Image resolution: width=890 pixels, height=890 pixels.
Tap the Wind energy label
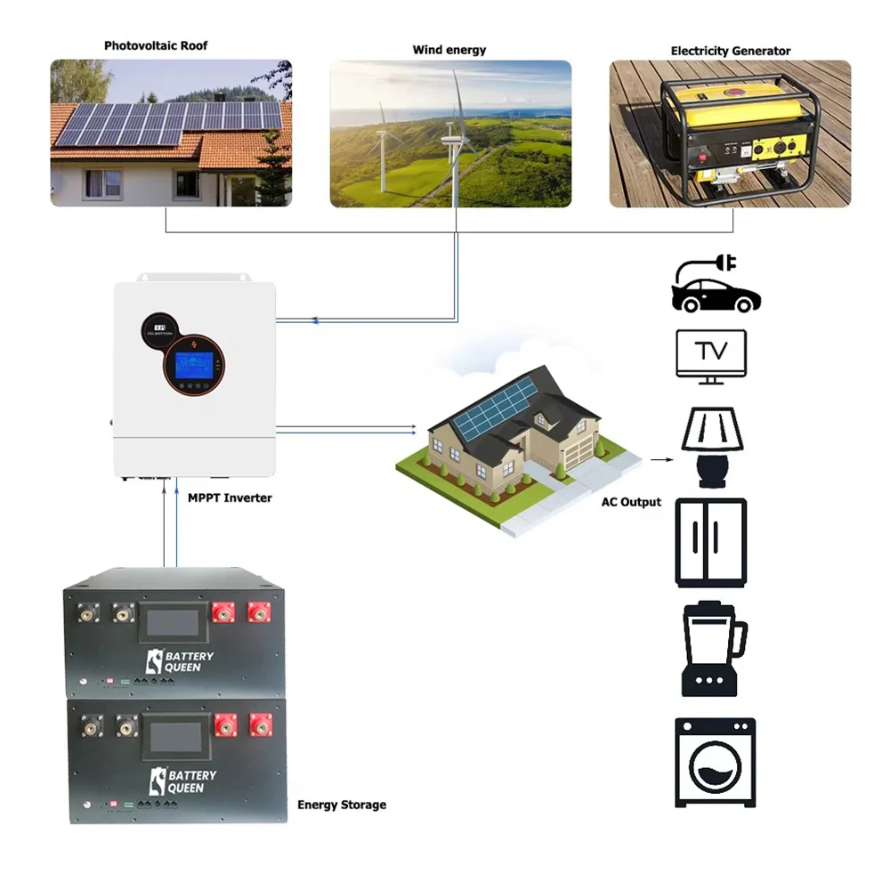pyautogui.click(x=449, y=50)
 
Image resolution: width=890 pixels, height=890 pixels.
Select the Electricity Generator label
pyautogui.click(x=730, y=51)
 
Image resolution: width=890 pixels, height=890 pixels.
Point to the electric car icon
pyautogui.click(x=716, y=284)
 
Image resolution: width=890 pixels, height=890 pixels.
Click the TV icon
pyautogui.click(x=710, y=356)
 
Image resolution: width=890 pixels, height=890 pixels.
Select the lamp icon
pyautogui.click(x=711, y=446)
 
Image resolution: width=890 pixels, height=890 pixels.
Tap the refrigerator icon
pyautogui.click(x=710, y=542)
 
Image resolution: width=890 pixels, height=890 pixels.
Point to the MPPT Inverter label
pyautogui.click(x=230, y=498)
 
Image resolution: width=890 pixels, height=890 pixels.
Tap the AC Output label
pyautogui.click(x=631, y=502)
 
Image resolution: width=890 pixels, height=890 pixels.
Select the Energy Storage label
pyautogui.click(x=342, y=805)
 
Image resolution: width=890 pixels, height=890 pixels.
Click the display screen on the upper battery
pyautogui.click(x=174, y=624)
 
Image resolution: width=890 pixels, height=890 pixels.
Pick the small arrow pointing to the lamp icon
pyautogui.click(x=659, y=460)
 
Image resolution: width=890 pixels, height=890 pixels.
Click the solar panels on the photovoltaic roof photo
pyautogui.click(x=169, y=123)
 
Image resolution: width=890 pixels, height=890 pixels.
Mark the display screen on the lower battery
pyautogui.click(x=174, y=736)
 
